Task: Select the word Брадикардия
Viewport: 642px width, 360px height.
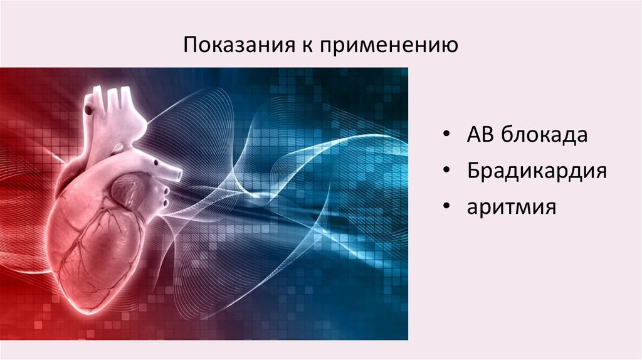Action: click(x=536, y=171)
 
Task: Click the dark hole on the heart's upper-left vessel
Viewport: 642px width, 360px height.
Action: click(x=89, y=110)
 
